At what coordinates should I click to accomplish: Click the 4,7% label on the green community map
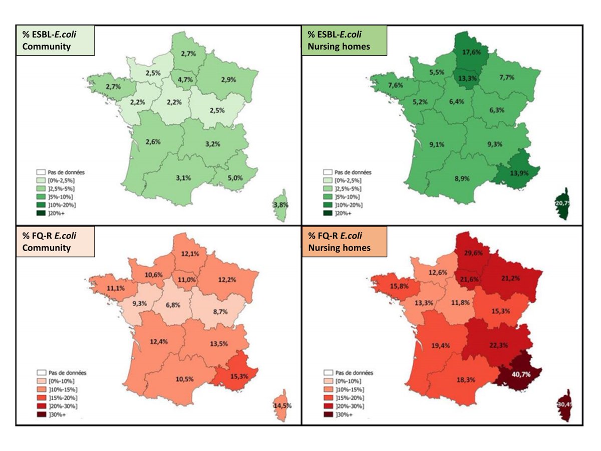[184, 78]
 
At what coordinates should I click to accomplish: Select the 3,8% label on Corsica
[280, 205]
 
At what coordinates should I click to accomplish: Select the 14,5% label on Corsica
[282, 405]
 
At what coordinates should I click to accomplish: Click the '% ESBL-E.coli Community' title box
[56, 41]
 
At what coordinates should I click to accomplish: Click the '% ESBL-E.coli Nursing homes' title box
[341, 41]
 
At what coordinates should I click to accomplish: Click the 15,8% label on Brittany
[391, 286]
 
